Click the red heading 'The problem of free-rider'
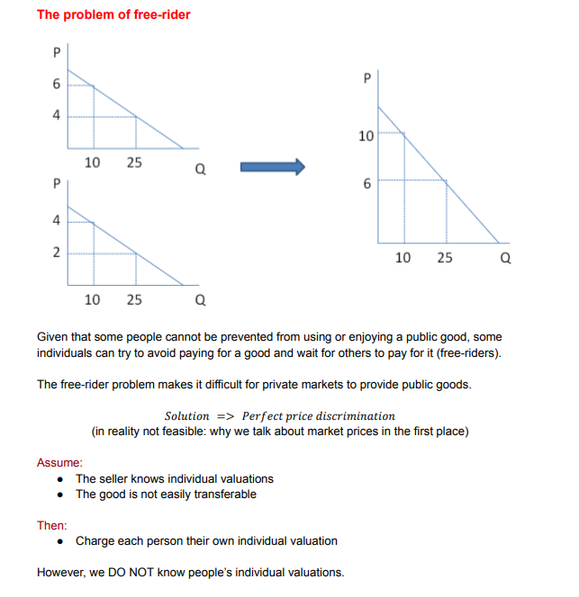pyautogui.click(x=113, y=15)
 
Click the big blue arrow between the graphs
pyautogui.click(x=272, y=167)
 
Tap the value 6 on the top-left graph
pyautogui.click(x=57, y=85)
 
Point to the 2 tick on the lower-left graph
pyautogui.click(x=57, y=253)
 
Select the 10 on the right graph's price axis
pyautogui.click(x=365, y=137)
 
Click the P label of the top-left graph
pyautogui.click(x=57, y=54)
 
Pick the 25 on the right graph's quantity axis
pyautogui.click(x=445, y=258)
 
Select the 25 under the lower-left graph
pyautogui.click(x=134, y=299)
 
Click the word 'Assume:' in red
pyautogui.click(x=59, y=462)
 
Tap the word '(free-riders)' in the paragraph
pyautogui.click(x=464, y=352)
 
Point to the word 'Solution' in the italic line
pyautogui.click(x=187, y=416)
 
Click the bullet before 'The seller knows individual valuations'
pyautogui.click(x=60, y=479)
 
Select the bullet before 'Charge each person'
pyautogui.click(x=60, y=541)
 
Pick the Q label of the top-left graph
pyautogui.click(x=199, y=174)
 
